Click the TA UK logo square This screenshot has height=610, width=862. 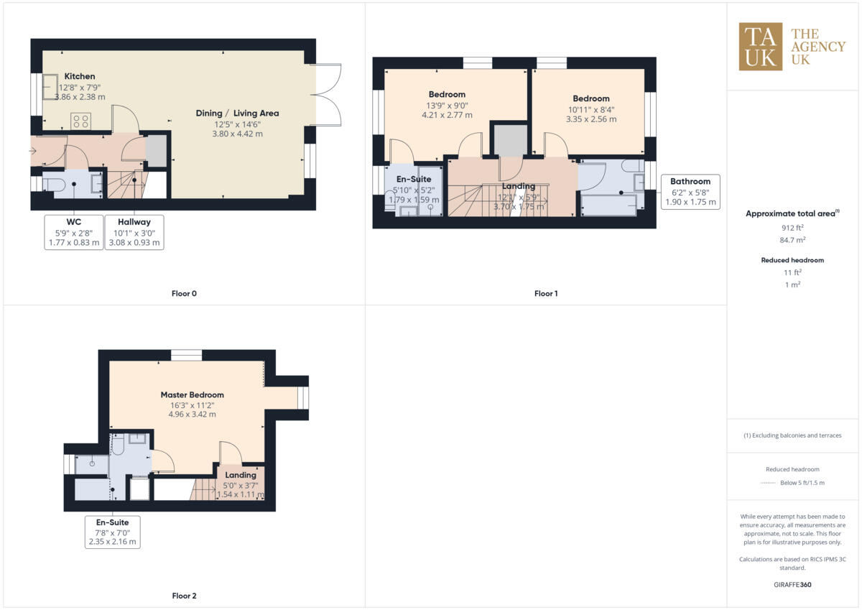click(x=760, y=47)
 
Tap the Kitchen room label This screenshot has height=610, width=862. click(x=80, y=76)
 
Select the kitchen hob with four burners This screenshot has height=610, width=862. click(x=80, y=121)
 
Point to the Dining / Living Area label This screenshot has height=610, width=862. click(x=237, y=113)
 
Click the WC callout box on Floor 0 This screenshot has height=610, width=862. click(x=73, y=232)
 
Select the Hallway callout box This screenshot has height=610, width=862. click(x=134, y=232)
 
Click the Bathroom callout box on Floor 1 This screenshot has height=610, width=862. click(x=690, y=191)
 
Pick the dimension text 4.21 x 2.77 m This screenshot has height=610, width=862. click(x=447, y=115)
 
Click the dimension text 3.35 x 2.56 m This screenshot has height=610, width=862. click(x=591, y=119)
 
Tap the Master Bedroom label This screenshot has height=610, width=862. click(x=192, y=394)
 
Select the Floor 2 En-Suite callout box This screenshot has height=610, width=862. click(x=112, y=532)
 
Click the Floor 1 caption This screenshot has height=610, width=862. click(x=546, y=293)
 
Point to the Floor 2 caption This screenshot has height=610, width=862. click(x=184, y=596)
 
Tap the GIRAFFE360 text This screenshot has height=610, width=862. click(x=793, y=585)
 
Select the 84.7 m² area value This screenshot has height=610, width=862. click(x=793, y=241)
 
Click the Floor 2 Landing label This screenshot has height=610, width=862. click(x=241, y=475)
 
